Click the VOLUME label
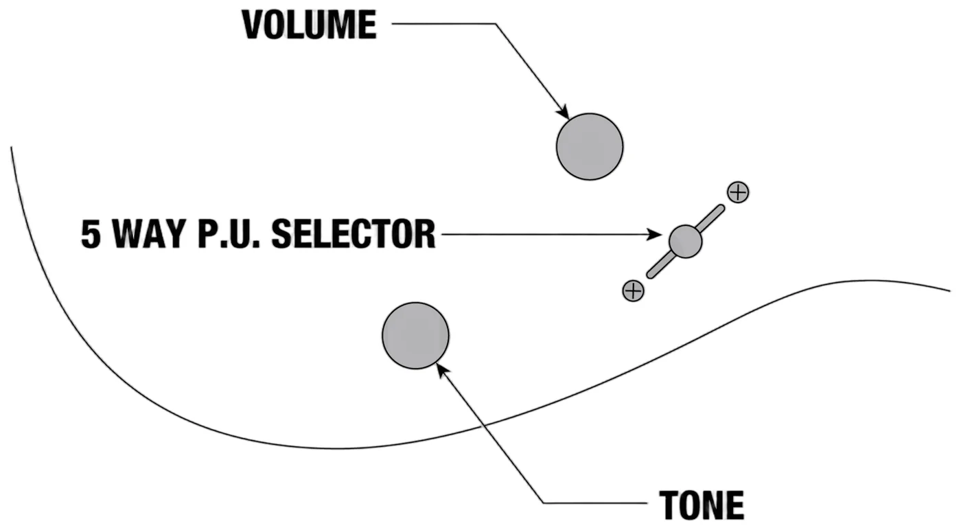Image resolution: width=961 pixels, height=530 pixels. point(310,25)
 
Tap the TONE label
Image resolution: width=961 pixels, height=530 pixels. point(702,505)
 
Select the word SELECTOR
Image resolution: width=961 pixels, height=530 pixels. point(354,234)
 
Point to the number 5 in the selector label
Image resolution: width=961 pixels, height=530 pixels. point(91,234)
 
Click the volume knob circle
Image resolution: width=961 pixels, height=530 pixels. point(590,147)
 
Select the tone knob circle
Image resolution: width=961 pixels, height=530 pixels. point(416,336)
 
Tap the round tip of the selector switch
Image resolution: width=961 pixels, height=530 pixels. point(685,242)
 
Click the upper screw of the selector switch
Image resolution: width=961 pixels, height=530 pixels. point(738,192)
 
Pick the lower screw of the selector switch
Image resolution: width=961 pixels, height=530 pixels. point(633,291)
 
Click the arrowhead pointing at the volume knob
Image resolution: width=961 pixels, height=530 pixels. point(563,112)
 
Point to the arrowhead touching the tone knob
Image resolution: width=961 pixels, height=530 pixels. point(443,371)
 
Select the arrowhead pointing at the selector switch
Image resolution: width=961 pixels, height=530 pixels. point(654,234)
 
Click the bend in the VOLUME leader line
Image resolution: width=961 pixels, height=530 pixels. point(496,23)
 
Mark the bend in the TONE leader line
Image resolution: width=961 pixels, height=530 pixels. point(543,503)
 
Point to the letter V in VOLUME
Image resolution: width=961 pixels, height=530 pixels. point(253,25)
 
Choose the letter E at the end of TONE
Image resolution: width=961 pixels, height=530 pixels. point(734,505)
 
